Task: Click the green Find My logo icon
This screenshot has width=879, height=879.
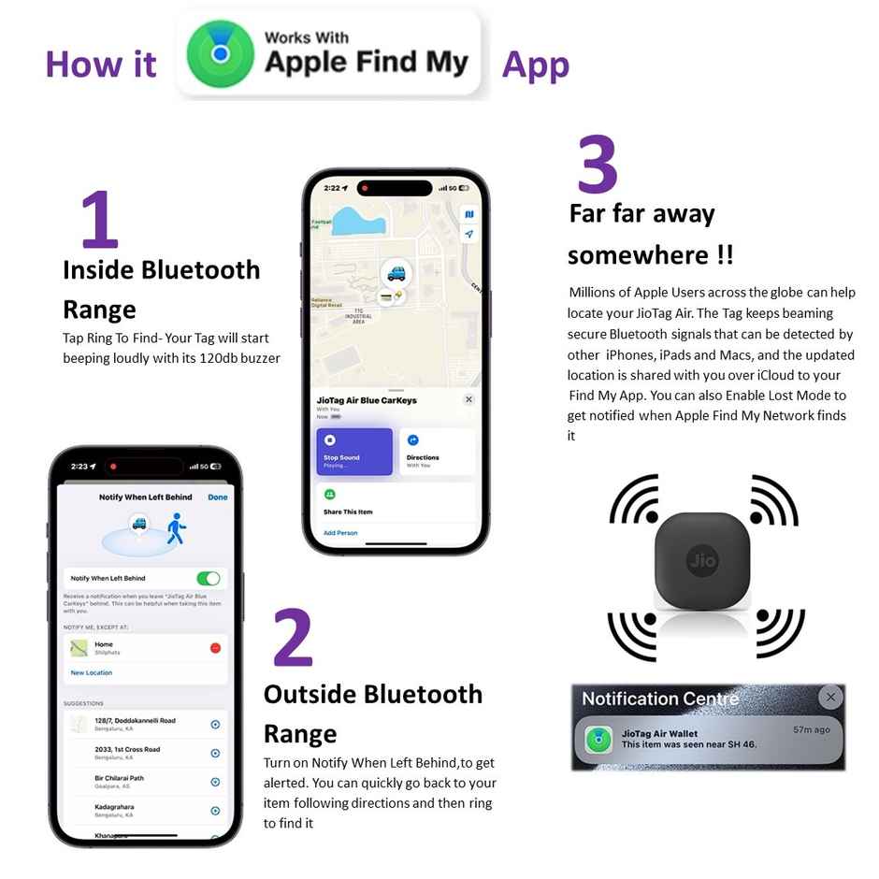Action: click(x=221, y=53)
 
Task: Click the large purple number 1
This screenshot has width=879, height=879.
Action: click(x=99, y=220)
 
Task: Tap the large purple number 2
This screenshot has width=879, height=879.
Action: click(x=293, y=639)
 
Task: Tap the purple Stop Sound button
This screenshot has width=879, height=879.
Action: click(x=353, y=452)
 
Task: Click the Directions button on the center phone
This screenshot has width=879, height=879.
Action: click(x=437, y=452)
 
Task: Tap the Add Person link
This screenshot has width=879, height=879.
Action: click(x=340, y=533)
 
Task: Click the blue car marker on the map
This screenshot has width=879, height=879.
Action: click(x=396, y=272)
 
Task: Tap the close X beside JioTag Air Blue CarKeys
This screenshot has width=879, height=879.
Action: click(x=468, y=399)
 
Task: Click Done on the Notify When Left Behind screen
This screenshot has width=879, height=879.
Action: click(x=218, y=497)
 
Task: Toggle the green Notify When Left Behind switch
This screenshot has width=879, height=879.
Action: click(x=209, y=578)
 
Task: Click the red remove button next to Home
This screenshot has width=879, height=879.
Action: click(x=215, y=648)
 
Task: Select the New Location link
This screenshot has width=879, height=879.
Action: click(x=92, y=672)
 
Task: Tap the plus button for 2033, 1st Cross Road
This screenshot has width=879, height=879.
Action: click(x=215, y=753)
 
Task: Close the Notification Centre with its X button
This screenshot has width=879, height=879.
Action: click(x=829, y=697)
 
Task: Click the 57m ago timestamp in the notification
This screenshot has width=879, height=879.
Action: click(x=811, y=729)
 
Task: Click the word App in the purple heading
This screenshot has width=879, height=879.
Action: click(x=535, y=65)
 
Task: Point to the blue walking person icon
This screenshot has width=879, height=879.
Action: click(x=176, y=528)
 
